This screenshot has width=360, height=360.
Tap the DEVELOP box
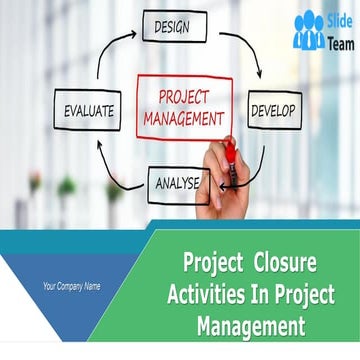(272, 111)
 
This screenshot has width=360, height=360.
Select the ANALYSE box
(176, 183)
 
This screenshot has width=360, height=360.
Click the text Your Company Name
(71, 287)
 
